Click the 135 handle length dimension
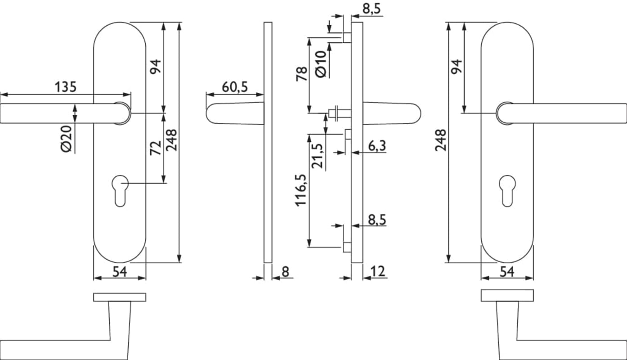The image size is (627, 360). [66, 86]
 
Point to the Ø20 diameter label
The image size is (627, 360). [67, 139]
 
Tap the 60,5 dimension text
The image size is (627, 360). [234, 87]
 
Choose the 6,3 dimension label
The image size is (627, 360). [377, 145]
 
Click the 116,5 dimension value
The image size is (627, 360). [301, 190]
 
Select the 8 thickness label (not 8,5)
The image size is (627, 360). [285, 271]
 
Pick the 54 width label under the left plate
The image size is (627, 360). [119, 271]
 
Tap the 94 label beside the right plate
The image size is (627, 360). [456, 67]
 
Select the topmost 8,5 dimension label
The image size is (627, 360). [373, 9]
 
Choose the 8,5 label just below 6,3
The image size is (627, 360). [377, 220]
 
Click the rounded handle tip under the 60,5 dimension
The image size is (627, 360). [214, 113]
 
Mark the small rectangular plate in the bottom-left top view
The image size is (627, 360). [120, 297]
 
